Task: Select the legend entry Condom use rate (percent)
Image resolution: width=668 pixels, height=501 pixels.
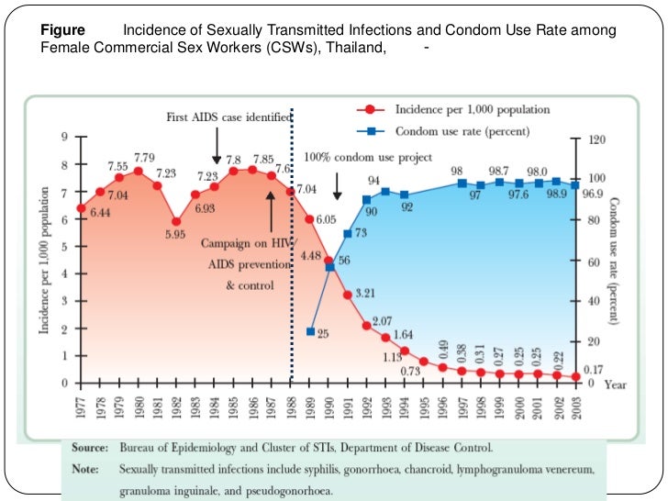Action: (x=462, y=132)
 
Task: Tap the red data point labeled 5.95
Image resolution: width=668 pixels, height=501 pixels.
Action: (x=176, y=221)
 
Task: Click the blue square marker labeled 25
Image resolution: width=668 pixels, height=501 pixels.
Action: (x=311, y=331)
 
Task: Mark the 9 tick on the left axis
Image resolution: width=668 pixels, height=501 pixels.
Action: (x=64, y=138)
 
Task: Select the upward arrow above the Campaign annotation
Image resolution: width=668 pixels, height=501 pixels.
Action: (x=272, y=207)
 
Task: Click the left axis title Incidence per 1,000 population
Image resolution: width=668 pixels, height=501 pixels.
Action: (x=45, y=260)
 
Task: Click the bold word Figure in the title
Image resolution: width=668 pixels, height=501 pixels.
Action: (x=63, y=31)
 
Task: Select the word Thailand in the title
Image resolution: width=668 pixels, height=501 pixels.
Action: (x=351, y=48)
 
